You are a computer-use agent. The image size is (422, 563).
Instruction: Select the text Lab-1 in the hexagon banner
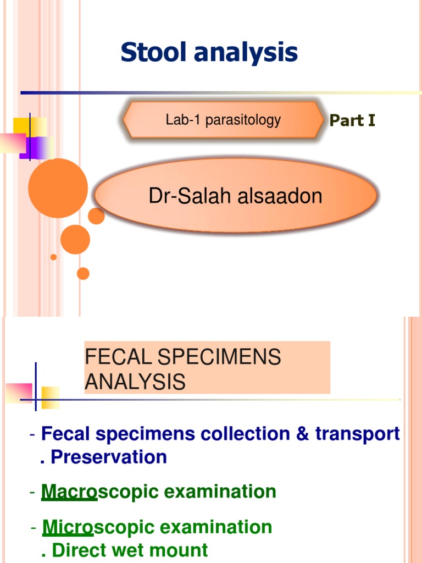179,120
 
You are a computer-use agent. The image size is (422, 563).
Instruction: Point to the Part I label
352,121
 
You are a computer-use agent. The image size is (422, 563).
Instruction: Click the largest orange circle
58,188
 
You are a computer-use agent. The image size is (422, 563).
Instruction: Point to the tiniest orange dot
53,257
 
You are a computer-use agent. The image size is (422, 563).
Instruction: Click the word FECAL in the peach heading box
113,357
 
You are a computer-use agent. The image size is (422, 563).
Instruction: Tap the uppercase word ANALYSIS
135,382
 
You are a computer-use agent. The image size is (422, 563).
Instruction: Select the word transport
357,434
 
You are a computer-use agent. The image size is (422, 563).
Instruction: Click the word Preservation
109,457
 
